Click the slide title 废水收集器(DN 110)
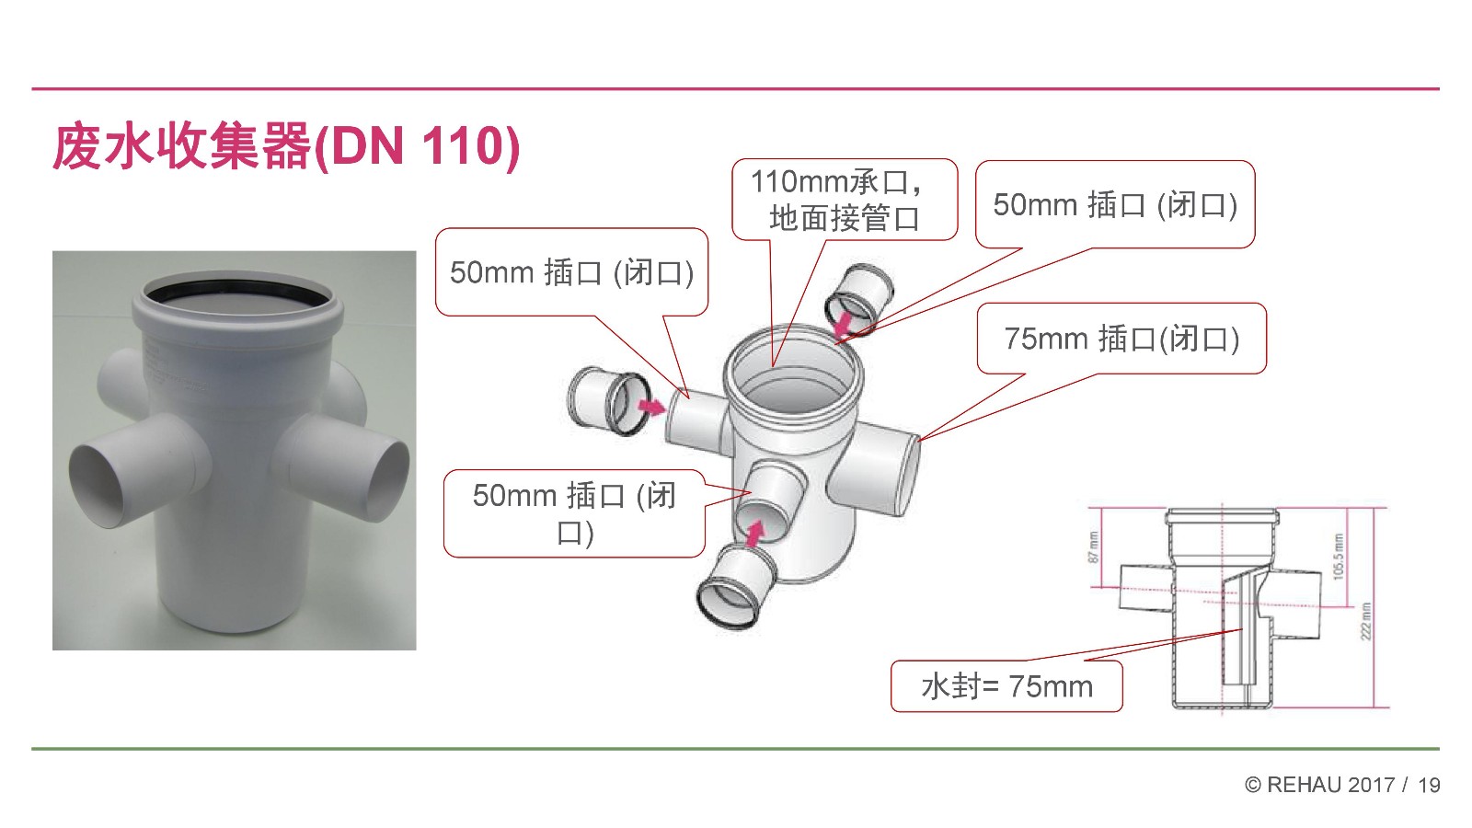pos(286,146)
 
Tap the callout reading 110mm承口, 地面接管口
pos(845,200)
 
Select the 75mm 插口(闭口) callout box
pos(1121,339)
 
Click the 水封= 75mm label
pos(1006,686)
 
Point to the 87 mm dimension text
pos(1093,547)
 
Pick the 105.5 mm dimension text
pos(1339,556)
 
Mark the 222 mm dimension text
pos(1366,621)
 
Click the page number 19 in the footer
pos(1429,785)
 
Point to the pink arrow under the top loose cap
pos(843,324)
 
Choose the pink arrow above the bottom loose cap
pos(755,533)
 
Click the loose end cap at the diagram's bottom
pos(736,587)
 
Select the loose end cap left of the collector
pos(609,401)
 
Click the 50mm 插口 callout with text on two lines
pos(574,514)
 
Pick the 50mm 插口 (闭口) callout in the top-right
pos(1115,204)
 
